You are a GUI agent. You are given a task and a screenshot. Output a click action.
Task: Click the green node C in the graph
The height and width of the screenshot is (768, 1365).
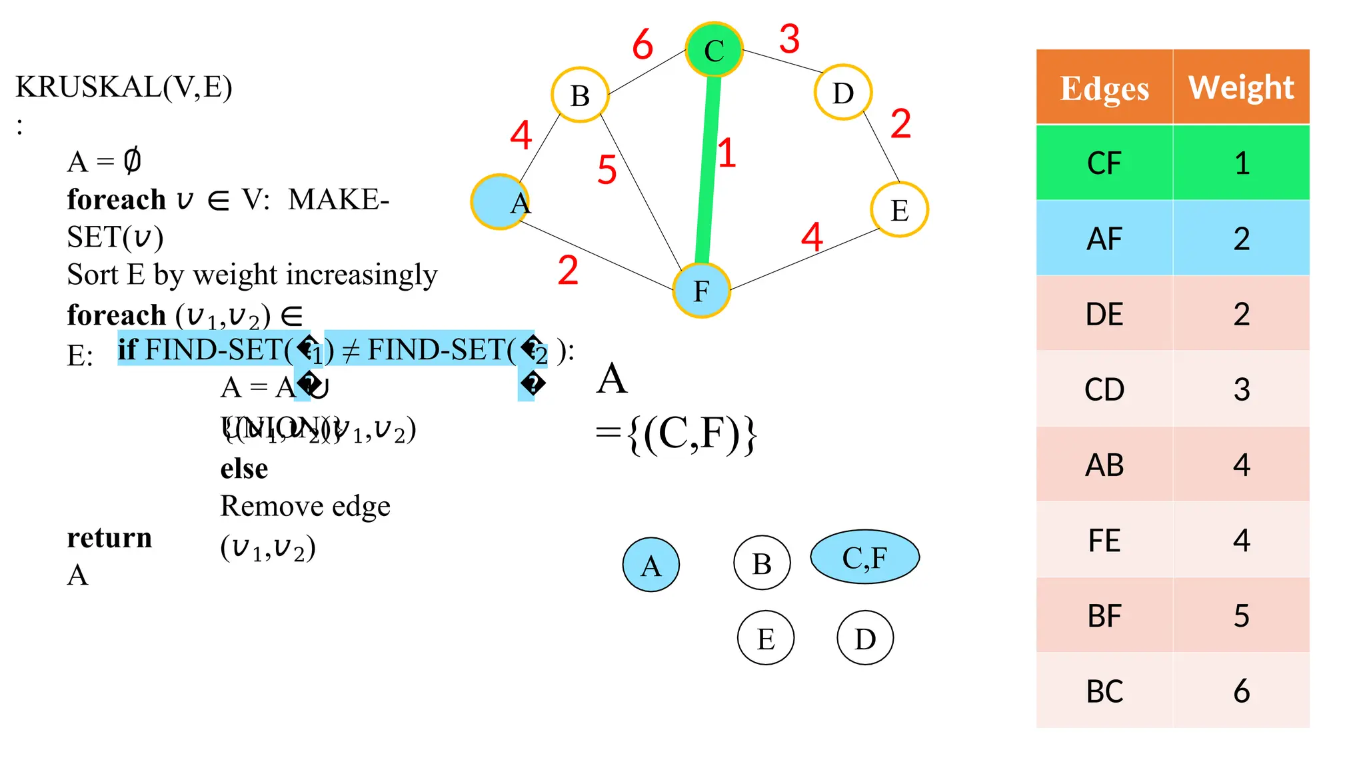point(714,50)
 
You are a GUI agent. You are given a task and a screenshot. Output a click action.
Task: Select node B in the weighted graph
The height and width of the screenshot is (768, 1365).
point(580,95)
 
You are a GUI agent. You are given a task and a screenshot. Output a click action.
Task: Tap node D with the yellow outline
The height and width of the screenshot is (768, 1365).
point(843,93)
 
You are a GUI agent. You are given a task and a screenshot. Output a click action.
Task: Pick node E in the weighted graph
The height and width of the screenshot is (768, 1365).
point(899,210)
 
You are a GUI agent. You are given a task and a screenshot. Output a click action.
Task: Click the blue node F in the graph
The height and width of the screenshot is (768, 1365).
point(701,291)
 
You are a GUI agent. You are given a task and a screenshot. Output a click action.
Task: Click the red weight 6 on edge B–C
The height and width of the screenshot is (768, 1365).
point(643,45)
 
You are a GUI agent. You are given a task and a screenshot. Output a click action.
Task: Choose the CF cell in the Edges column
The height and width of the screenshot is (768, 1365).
point(1104,163)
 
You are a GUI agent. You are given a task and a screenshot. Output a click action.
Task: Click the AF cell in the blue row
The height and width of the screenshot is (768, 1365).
point(1104,238)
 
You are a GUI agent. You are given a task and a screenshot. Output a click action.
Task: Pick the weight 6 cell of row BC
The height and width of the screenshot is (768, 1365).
point(1241,691)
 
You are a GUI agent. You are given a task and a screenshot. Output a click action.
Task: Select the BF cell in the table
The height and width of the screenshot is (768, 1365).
point(1104,615)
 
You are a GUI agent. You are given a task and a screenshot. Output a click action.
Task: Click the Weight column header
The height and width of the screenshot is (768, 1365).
point(1241,87)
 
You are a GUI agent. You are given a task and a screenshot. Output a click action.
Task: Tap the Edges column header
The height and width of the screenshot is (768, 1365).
point(1104,87)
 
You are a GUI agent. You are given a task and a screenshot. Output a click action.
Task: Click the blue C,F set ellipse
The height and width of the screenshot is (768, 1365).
point(864,557)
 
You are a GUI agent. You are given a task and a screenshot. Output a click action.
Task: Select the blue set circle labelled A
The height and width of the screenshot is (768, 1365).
point(651,565)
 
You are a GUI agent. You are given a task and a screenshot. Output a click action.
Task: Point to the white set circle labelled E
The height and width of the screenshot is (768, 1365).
point(765,638)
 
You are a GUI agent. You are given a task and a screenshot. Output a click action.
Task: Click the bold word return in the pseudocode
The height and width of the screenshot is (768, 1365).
point(109,537)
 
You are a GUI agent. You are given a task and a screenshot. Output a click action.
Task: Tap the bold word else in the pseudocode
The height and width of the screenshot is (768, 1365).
point(244,468)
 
